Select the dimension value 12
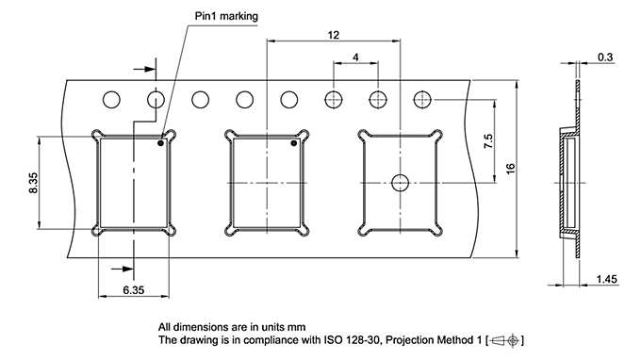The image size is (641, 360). point(333,34)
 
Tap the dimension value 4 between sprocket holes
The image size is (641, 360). point(355,57)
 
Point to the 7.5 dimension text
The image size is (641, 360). point(487,142)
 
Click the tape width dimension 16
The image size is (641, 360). point(510,168)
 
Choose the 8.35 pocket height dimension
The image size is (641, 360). point(32,181)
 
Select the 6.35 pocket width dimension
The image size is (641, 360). point(133,291)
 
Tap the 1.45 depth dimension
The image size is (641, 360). point(607,280)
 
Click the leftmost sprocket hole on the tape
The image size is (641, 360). point(112,99)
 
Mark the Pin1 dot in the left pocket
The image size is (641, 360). point(161,144)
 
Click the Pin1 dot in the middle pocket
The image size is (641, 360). point(293,144)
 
